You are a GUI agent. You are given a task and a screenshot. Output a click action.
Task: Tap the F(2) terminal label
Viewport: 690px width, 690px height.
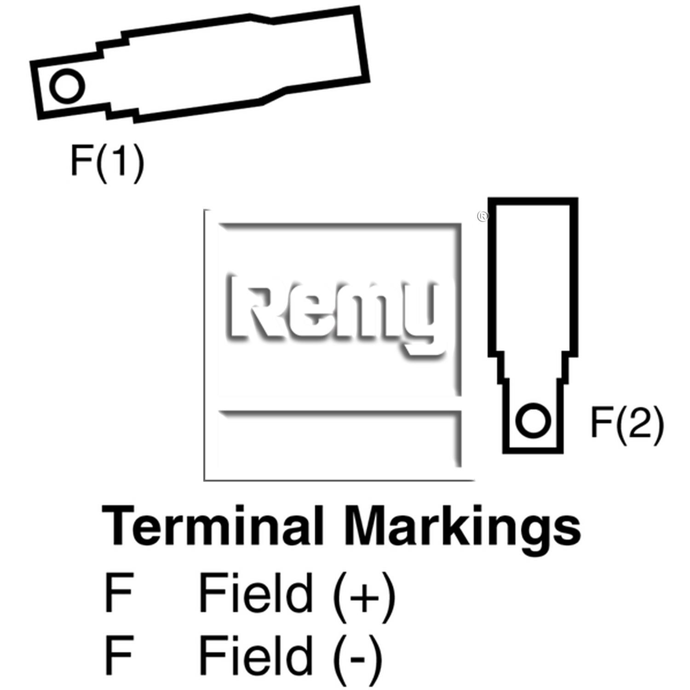[x=627, y=424]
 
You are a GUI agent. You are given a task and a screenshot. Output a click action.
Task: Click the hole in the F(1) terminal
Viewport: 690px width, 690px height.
[x=67, y=86]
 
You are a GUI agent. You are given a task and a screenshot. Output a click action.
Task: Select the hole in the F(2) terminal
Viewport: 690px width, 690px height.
[x=533, y=420]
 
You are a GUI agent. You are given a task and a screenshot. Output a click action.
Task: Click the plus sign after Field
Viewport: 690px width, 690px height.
[x=363, y=597]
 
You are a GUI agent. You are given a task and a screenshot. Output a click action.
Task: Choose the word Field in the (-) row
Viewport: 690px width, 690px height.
[x=255, y=654]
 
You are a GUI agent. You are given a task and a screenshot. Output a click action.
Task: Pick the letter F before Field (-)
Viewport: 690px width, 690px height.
[x=119, y=655]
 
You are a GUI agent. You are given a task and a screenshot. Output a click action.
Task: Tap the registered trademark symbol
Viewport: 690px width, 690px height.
[x=483, y=216]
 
